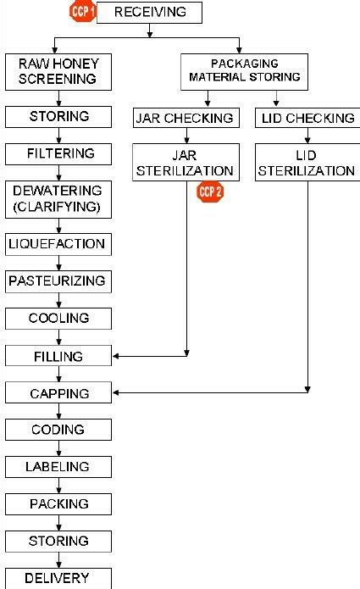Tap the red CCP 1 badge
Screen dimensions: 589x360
tap(82, 11)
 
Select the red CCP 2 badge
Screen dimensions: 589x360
tap(209, 192)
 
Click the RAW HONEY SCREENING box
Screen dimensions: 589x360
tap(58, 72)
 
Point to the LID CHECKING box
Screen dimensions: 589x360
tap(307, 119)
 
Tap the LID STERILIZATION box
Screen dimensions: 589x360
tap(307, 162)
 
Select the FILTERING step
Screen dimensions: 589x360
tap(58, 153)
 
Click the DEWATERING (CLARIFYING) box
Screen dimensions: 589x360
tap(58, 199)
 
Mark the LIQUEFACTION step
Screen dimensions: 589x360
tap(58, 244)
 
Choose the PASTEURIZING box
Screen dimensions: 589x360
tap(58, 281)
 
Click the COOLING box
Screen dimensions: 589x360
tap(58, 319)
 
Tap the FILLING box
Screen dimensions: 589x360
tap(58, 356)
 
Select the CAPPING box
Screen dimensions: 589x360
tap(58, 392)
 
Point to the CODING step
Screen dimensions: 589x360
tap(58, 430)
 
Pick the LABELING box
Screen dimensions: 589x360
tap(58, 467)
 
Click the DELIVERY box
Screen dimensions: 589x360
tap(58, 579)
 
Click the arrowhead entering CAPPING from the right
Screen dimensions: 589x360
tap(117, 392)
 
